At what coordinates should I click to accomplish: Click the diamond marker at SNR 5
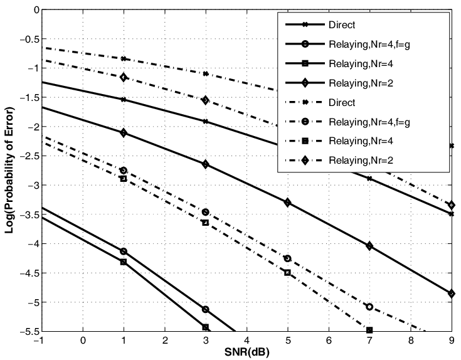pos(288,202)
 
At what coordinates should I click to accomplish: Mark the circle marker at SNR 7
pos(369,307)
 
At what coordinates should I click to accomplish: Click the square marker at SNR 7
pos(369,330)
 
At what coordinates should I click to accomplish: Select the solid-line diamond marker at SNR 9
pos(452,294)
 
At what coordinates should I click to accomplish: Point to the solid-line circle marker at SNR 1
pos(124,251)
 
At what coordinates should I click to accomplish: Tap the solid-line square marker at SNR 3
pos(206,327)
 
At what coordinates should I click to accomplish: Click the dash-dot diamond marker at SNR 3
pos(206,100)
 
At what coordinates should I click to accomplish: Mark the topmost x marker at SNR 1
pos(124,58)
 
